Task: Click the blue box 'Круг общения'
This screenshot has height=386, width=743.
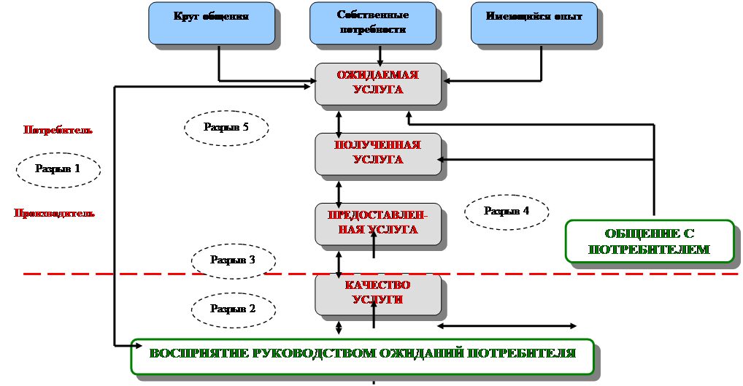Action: click(x=212, y=23)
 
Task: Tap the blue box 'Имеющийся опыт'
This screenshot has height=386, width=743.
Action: click(x=534, y=23)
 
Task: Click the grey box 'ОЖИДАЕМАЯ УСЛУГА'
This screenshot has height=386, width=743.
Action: click(x=378, y=83)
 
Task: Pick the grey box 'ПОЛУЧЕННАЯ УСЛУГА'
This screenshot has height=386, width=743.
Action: click(x=378, y=153)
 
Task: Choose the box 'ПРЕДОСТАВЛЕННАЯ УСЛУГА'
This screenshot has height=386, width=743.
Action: click(x=378, y=223)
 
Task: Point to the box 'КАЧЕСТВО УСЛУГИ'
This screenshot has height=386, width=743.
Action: click(x=378, y=293)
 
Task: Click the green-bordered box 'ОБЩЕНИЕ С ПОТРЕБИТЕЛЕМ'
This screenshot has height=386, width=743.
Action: click(x=649, y=241)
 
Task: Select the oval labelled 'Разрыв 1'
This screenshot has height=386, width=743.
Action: click(x=58, y=169)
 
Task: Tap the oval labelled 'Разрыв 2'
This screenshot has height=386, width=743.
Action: click(x=233, y=309)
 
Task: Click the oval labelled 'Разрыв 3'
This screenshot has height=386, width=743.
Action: click(x=233, y=260)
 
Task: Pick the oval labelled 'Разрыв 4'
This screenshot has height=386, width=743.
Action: click(x=507, y=212)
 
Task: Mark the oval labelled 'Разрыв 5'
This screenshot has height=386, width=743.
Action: click(x=226, y=127)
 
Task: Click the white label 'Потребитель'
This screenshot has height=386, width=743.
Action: click(x=58, y=131)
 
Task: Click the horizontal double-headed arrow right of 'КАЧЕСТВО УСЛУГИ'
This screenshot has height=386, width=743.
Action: click(x=507, y=325)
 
